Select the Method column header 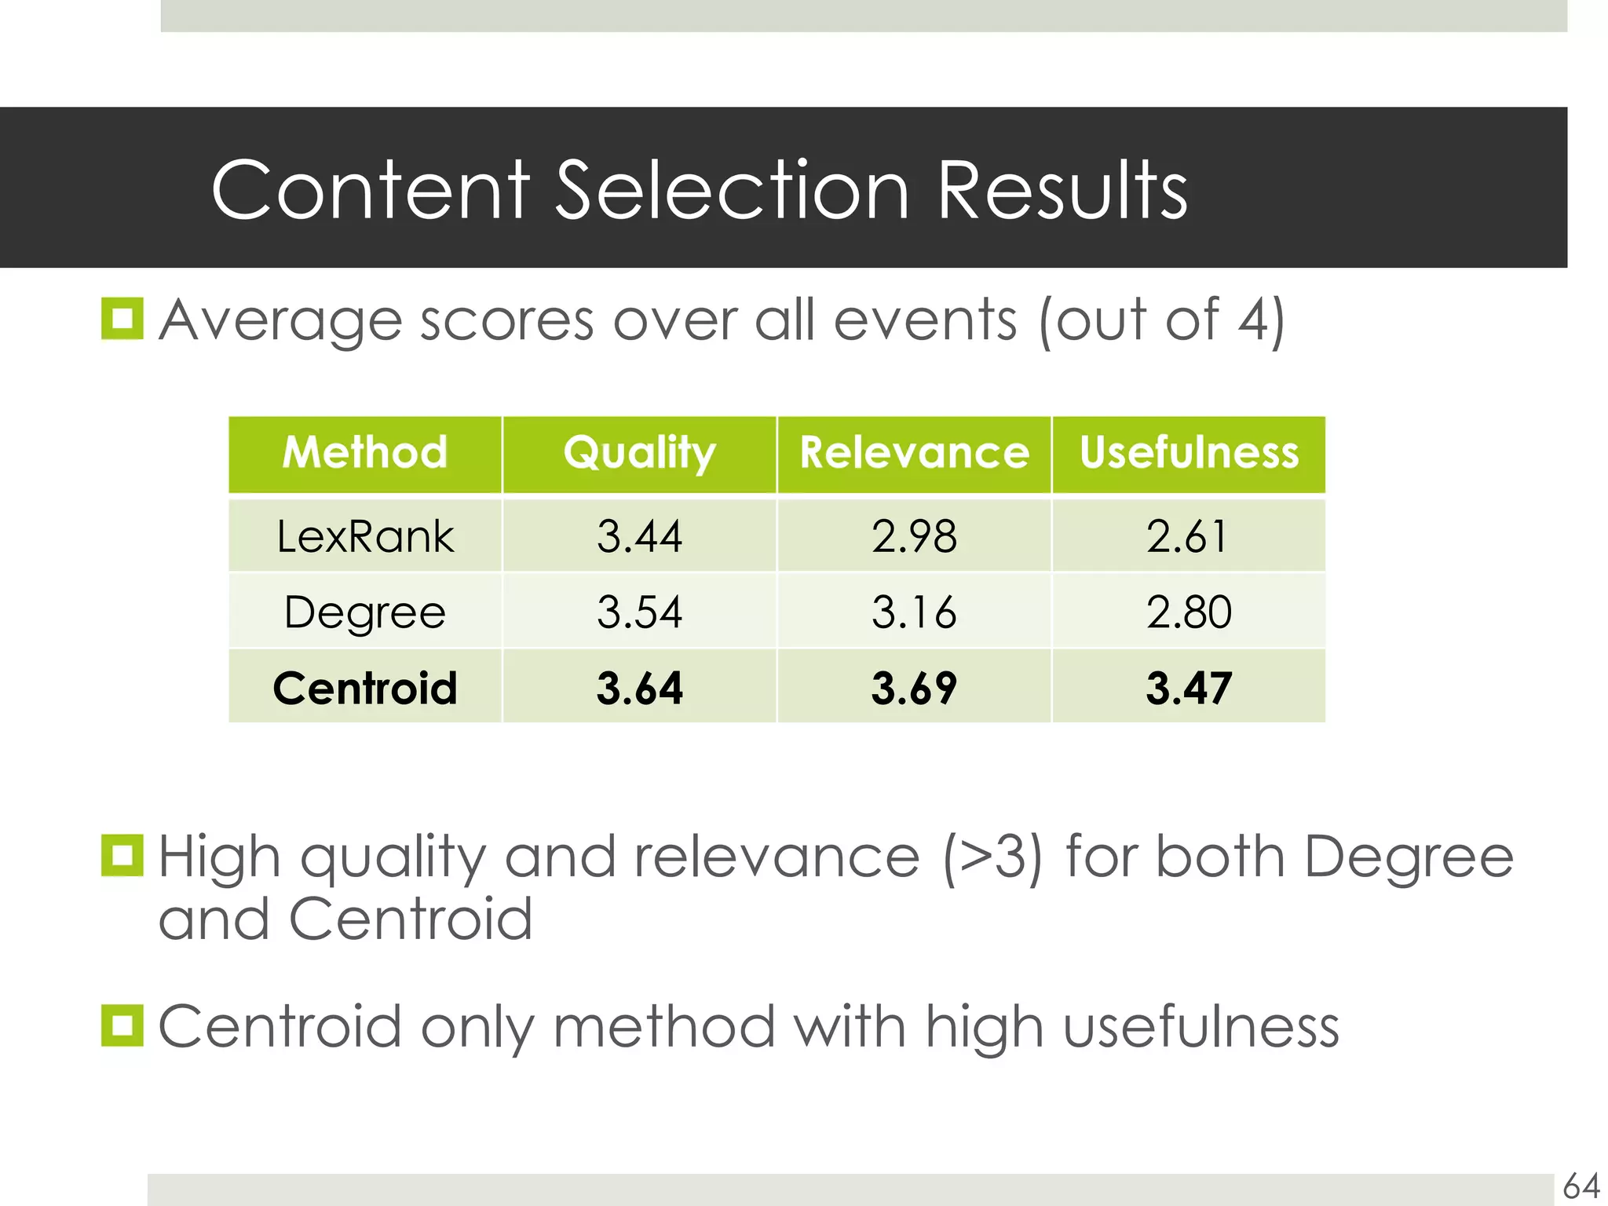click(365, 453)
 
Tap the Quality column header click(639, 453)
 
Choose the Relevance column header click(914, 453)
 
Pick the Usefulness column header click(1189, 453)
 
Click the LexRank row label click(365, 537)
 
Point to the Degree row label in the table click(365, 612)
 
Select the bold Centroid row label click(365, 688)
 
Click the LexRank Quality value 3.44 click(639, 537)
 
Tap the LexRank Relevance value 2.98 click(914, 537)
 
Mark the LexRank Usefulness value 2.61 click(1186, 537)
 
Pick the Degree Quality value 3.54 click(639, 612)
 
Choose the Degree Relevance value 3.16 click(914, 612)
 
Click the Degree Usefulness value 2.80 click(1189, 612)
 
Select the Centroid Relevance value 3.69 click(914, 688)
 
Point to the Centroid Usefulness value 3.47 click(1189, 688)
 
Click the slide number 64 click(1581, 1186)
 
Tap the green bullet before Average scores click(122, 319)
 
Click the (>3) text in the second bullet click(993, 857)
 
